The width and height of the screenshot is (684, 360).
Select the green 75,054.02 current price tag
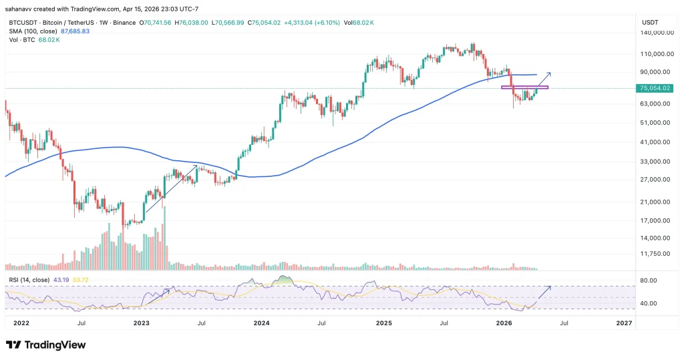(x=654, y=88)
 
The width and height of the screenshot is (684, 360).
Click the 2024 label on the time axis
(x=261, y=323)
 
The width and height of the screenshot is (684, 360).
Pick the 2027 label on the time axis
(x=624, y=323)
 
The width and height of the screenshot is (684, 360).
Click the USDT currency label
(x=650, y=22)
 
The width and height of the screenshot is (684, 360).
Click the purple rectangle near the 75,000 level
(x=524, y=87)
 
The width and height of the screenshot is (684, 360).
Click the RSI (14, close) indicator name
(x=28, y=279)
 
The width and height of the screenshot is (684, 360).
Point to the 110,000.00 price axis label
(x=654, y=54)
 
